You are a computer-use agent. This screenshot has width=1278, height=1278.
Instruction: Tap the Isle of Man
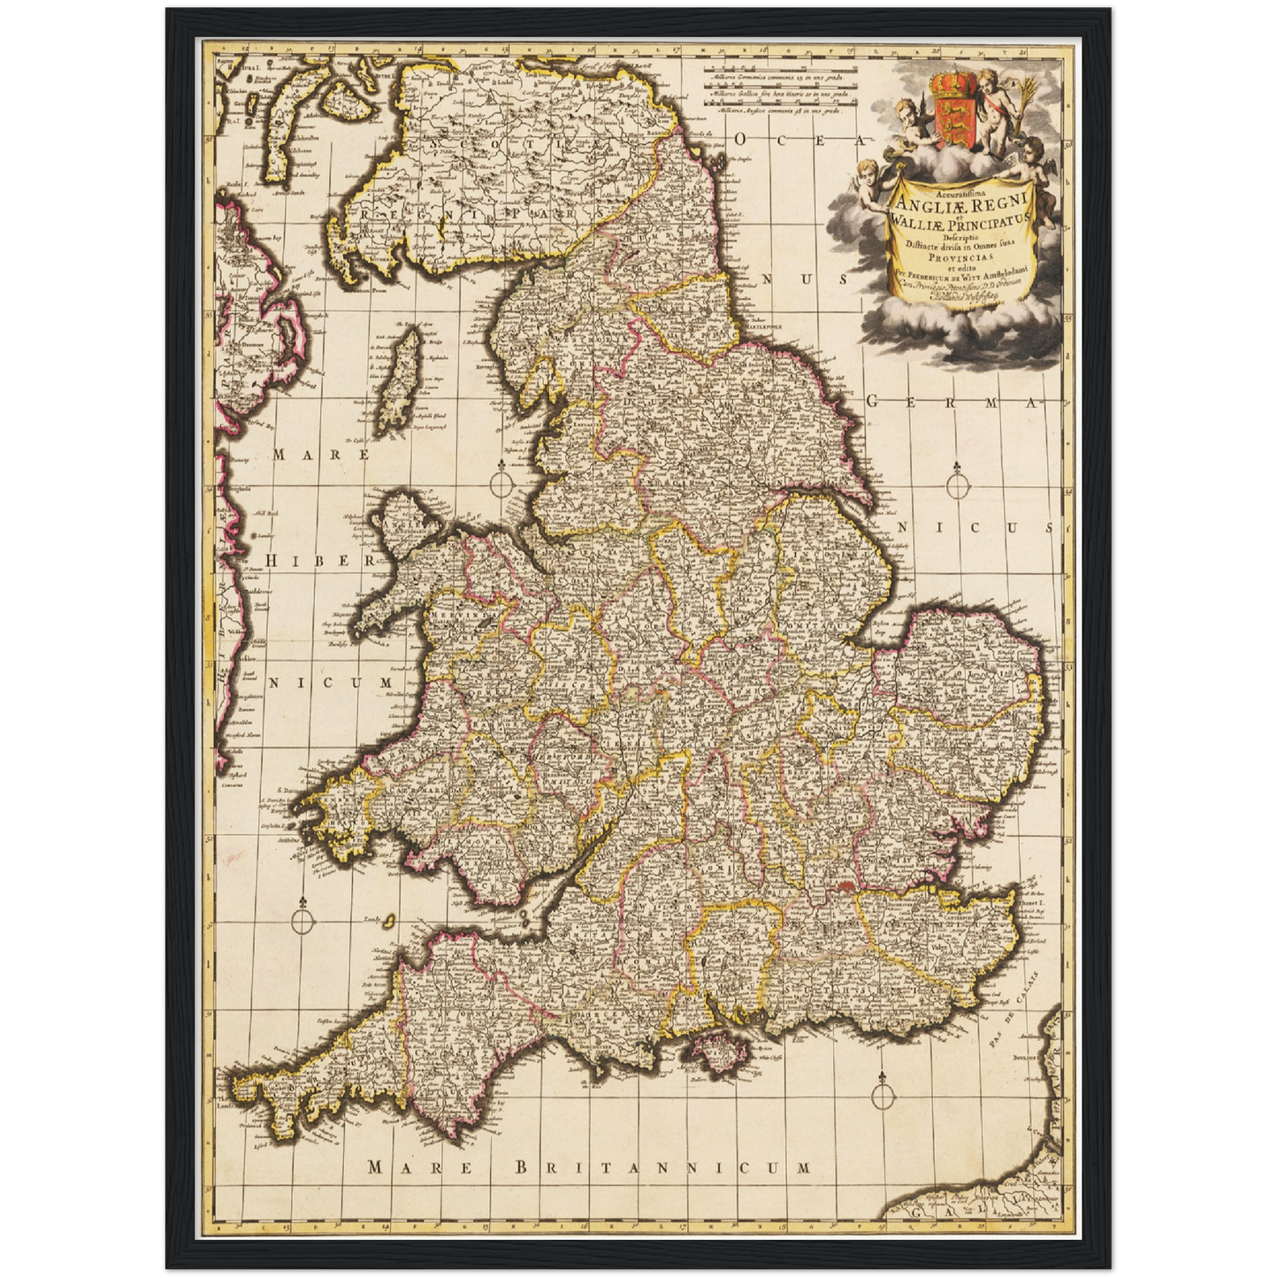point(402,379)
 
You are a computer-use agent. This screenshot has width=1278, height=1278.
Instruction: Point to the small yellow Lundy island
point(387,921)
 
